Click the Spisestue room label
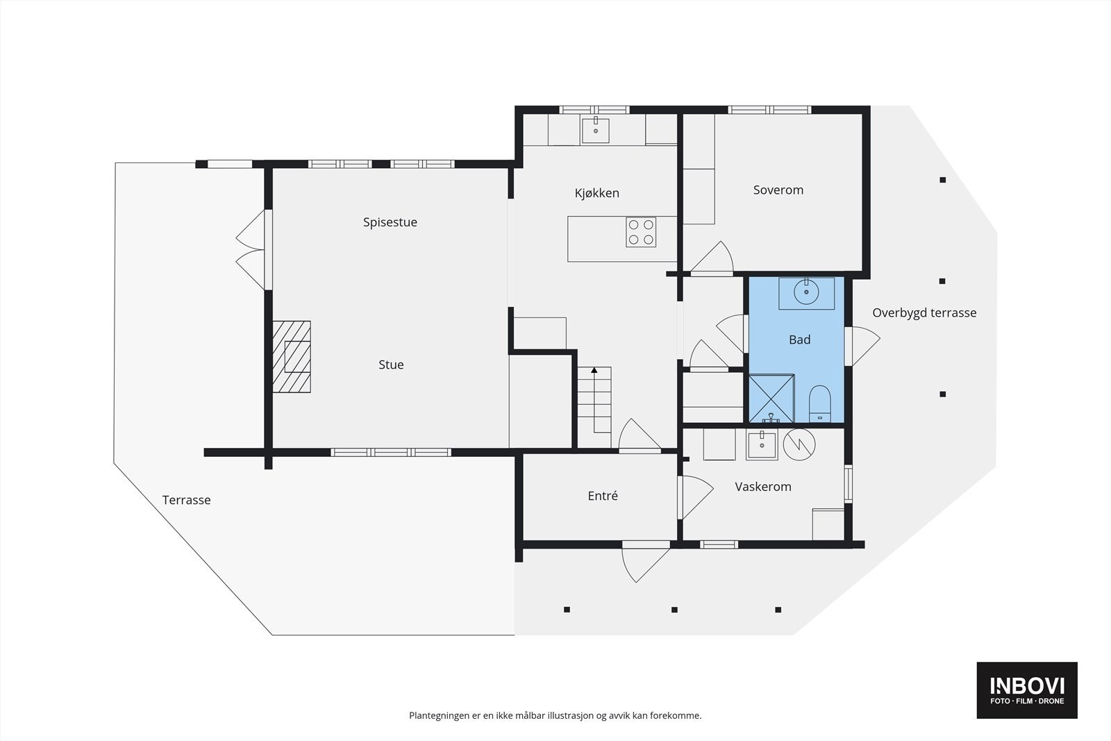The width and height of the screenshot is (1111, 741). pyautogui.click(x=390, y=222)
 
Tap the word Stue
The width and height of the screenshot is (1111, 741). pyautogui.click(x=391, y=365)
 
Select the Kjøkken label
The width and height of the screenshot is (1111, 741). pyautogui.click(x=596, y=193)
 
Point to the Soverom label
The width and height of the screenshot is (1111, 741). pyautogui.click(x=778, y=190)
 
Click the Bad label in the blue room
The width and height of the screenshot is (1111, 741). pyautogui.click(x=799, y=340)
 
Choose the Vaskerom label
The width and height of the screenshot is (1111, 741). pyautogui.click(x=763, y=487)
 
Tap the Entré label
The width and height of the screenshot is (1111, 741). pyautogui.click(x=603, y=495)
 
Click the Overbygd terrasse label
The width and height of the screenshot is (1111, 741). pyautogui.click(x=924, y=313)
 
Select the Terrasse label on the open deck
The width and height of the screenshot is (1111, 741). pyautogui.click(x=187, y=500)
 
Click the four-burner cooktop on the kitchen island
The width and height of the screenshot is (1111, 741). pyautogui.click(x=641, y=232)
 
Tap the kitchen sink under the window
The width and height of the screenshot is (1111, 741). pyautogui.click(x=595, y=131)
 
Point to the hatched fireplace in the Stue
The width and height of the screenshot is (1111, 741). pyautogui.click(x=292, y=357)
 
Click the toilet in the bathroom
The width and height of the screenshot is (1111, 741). pyautogui.click(x=820, y=403)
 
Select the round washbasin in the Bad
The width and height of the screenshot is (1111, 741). pyautogui.click(x=806, y=292)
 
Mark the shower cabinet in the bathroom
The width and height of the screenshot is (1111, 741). pyautogui.click(x=771, y=399)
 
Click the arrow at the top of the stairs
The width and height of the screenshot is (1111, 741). pyautogui.click(x=594, y=370)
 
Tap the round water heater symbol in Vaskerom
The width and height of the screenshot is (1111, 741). pyautogui.click(x=799, y=444)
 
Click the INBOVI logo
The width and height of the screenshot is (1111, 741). pyautogui.click(x=1027, y=690)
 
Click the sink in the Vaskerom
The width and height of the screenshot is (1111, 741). pyautogui.click(x=762, y=445)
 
